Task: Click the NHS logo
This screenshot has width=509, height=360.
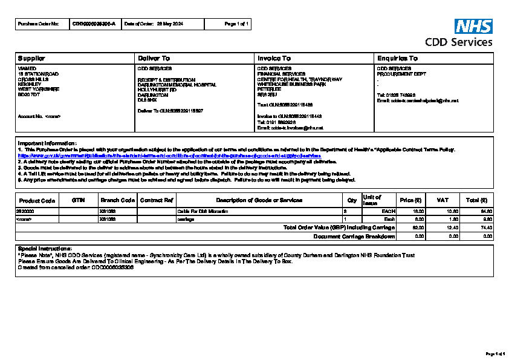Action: pos(473,26)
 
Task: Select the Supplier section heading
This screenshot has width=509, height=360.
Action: pos(30,58)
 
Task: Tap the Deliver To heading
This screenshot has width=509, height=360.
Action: pos(154,58)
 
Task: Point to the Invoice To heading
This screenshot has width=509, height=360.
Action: pos(274,58)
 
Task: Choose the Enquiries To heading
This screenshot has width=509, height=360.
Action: pos(397,58)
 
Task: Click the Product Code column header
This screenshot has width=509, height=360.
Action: pos(37,200)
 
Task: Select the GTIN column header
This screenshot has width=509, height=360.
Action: pos(78,200)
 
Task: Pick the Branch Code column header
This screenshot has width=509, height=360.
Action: pos(117,200)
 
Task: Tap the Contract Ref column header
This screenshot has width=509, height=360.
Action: pos(157,200)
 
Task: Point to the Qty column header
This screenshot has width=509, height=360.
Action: pos(352,200)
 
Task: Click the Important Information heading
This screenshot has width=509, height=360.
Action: pos(47,143)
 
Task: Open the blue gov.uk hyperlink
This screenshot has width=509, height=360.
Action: pos(169,155)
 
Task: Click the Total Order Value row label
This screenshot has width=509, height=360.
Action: pos(339,227)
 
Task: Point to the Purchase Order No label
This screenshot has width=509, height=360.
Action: pos(39,24)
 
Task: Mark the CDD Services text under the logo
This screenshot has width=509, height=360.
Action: pos(458,42)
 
